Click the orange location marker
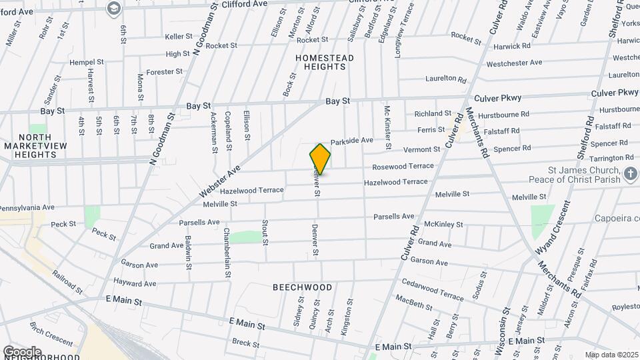point(320,159)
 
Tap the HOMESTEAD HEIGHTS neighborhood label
point(324,63)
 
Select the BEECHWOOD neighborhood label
point(302,287)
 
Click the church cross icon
point(631,175)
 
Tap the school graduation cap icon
point(113,7)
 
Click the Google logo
point(22,352)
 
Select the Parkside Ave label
point(351,141)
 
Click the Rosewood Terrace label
point(403,166)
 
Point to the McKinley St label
point(443,225)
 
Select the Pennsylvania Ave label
point(27,207)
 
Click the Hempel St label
point(87,62)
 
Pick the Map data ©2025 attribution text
point(611,355)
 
